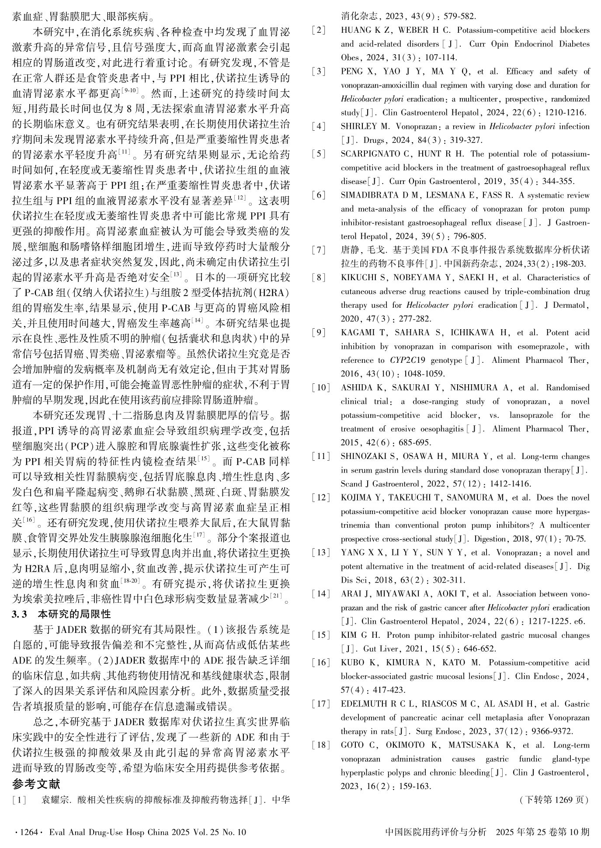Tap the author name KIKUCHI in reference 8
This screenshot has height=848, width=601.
pyautogui.click(x=358, y=278)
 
